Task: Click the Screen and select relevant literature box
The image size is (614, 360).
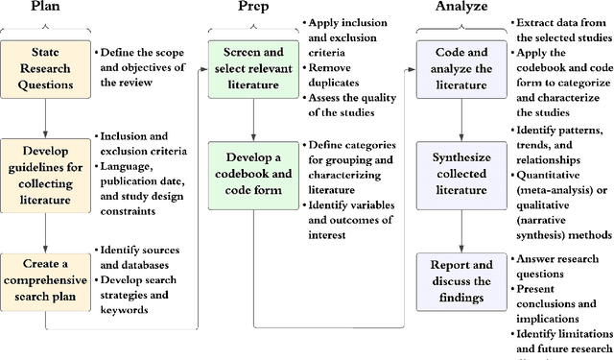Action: (252, 67)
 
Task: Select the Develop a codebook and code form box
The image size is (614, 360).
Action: (252, 169)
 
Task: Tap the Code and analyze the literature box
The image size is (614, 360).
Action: (460, 67)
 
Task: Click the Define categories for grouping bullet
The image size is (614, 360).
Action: (353, 156)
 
